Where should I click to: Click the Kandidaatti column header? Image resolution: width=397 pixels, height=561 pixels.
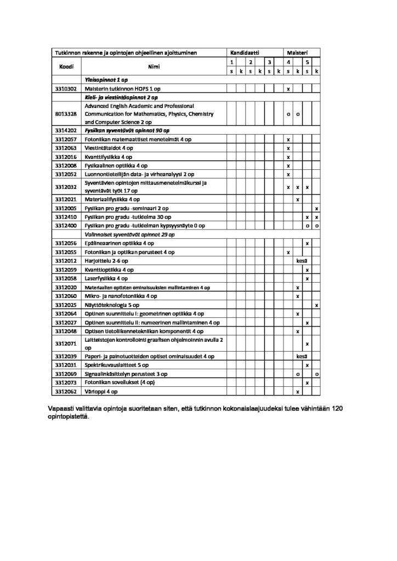pyautogui.click(x=245, y=52)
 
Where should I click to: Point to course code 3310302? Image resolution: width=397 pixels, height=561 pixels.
pyautogui.click(x=66, y=88)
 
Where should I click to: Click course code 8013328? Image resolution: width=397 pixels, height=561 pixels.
pyautogui.click(x=66, y=114)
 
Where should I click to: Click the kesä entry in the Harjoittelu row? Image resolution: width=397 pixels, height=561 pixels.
pyautogui.click(x=302, y=261)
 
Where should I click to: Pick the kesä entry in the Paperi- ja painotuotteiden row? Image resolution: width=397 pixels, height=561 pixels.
pyautogui.click(x=302, y=356)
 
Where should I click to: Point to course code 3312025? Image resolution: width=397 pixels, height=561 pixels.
pyautogui.click(x=66, y=305)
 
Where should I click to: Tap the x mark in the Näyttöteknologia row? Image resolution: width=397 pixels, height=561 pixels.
pyautogui.click(x=316, y=305)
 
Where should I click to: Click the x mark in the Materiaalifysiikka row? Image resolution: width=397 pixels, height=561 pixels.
pyautogui.click(x=297, y=199)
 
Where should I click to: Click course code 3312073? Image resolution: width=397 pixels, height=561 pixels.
pyautogui.click(x=66, y=383)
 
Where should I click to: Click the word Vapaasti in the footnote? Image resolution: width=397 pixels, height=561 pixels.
pyautogui.click(x=60, y=409)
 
